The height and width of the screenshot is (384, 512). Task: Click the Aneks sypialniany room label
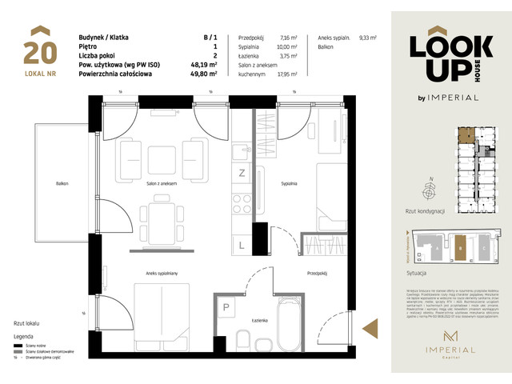(x=161, y=272)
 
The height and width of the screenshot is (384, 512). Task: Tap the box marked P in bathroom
(x=226, y=307)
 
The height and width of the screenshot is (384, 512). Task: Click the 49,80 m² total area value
(x=210, y=74)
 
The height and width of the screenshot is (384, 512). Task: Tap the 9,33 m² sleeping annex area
(x=369, y=38)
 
